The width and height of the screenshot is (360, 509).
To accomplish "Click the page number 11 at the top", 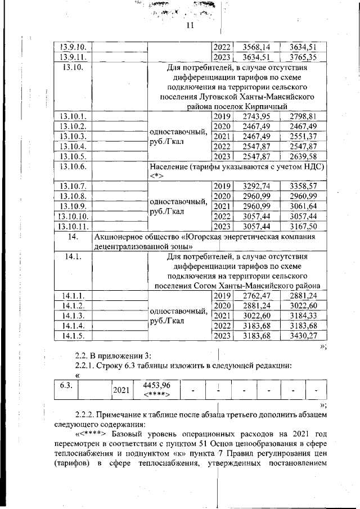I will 189,25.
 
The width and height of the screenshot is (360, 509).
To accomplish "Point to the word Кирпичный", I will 265,106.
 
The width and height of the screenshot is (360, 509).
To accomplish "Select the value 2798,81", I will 302,116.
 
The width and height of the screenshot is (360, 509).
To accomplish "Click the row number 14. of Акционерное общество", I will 71,237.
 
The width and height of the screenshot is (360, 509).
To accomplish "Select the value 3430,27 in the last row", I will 302,336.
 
